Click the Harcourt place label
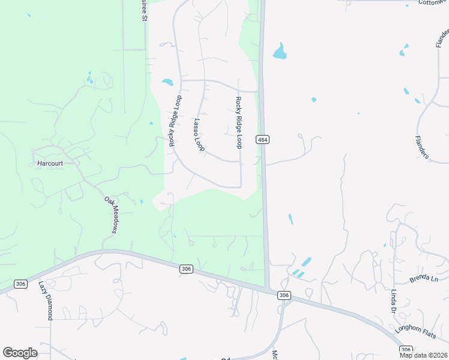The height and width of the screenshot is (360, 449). (50, 163)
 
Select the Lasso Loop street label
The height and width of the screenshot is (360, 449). (199, 134)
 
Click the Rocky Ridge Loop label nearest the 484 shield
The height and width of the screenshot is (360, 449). (239, 122)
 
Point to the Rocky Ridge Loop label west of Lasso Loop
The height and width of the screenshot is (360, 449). (175, 121)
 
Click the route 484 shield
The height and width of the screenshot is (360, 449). (262, 140)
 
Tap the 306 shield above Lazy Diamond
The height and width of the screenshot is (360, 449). (20, 284)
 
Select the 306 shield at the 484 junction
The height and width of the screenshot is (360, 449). (284, 295)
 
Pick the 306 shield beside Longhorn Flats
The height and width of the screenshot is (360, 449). (406, 349)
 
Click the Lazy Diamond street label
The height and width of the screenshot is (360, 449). (46, 300)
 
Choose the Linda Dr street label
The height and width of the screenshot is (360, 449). (394, 301)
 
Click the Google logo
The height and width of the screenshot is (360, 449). (20, 353)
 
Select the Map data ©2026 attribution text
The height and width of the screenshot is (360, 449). (424, 355)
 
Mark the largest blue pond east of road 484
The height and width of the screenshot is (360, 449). (280, 52)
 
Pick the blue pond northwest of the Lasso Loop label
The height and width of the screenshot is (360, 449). (167, 82)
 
